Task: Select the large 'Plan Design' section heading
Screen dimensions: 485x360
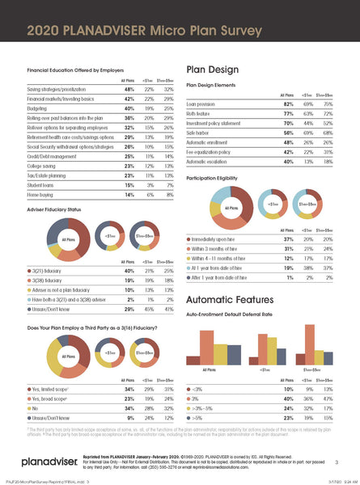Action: (x=214, y=69)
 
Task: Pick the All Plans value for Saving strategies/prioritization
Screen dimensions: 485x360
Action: (x=128, y=89)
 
